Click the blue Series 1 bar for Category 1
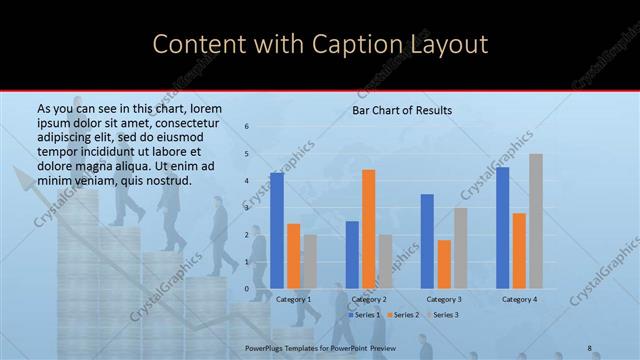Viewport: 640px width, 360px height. [x=277, y=231]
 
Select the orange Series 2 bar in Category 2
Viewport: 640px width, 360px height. [x=369, y=229]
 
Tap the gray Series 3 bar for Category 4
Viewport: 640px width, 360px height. [x=536, y=221]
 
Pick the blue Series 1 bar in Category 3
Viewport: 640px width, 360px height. [x=427, y=241]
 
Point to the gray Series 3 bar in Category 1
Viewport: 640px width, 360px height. [x=310, y=262]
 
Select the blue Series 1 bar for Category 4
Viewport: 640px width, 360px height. [x=502, y=228]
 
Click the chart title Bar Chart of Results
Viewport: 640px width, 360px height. [x=402, y=110]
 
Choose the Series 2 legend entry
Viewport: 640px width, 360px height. [x=403, y=315]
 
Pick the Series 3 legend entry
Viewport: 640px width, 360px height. [x=444, y=315]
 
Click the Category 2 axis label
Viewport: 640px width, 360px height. [x=369, y=299]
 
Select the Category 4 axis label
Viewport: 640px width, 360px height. [x=519, y=299]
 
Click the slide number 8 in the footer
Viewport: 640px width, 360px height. [x=589, y=347]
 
